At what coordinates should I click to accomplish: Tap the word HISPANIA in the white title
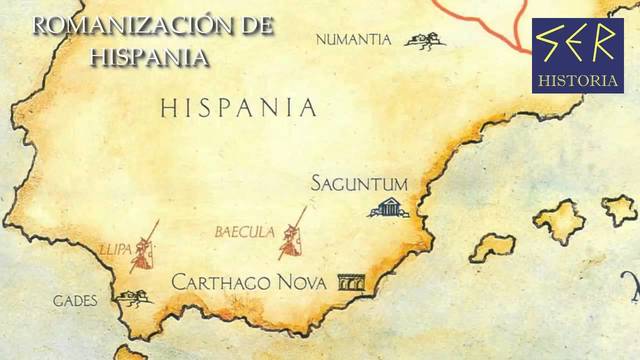[x=150, y=56]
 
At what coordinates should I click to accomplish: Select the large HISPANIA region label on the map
[x=238, y=108]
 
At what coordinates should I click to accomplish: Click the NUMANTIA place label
[x=353, y=40]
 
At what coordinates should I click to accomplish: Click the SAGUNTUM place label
[x=359, y=184]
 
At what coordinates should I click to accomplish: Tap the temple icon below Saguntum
[x=388, y=207]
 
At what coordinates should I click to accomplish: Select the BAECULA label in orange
[x=244, y=232]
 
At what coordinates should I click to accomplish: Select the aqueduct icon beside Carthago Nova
[x=351, y=283]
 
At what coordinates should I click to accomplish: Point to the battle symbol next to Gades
[x=133, y=297]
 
